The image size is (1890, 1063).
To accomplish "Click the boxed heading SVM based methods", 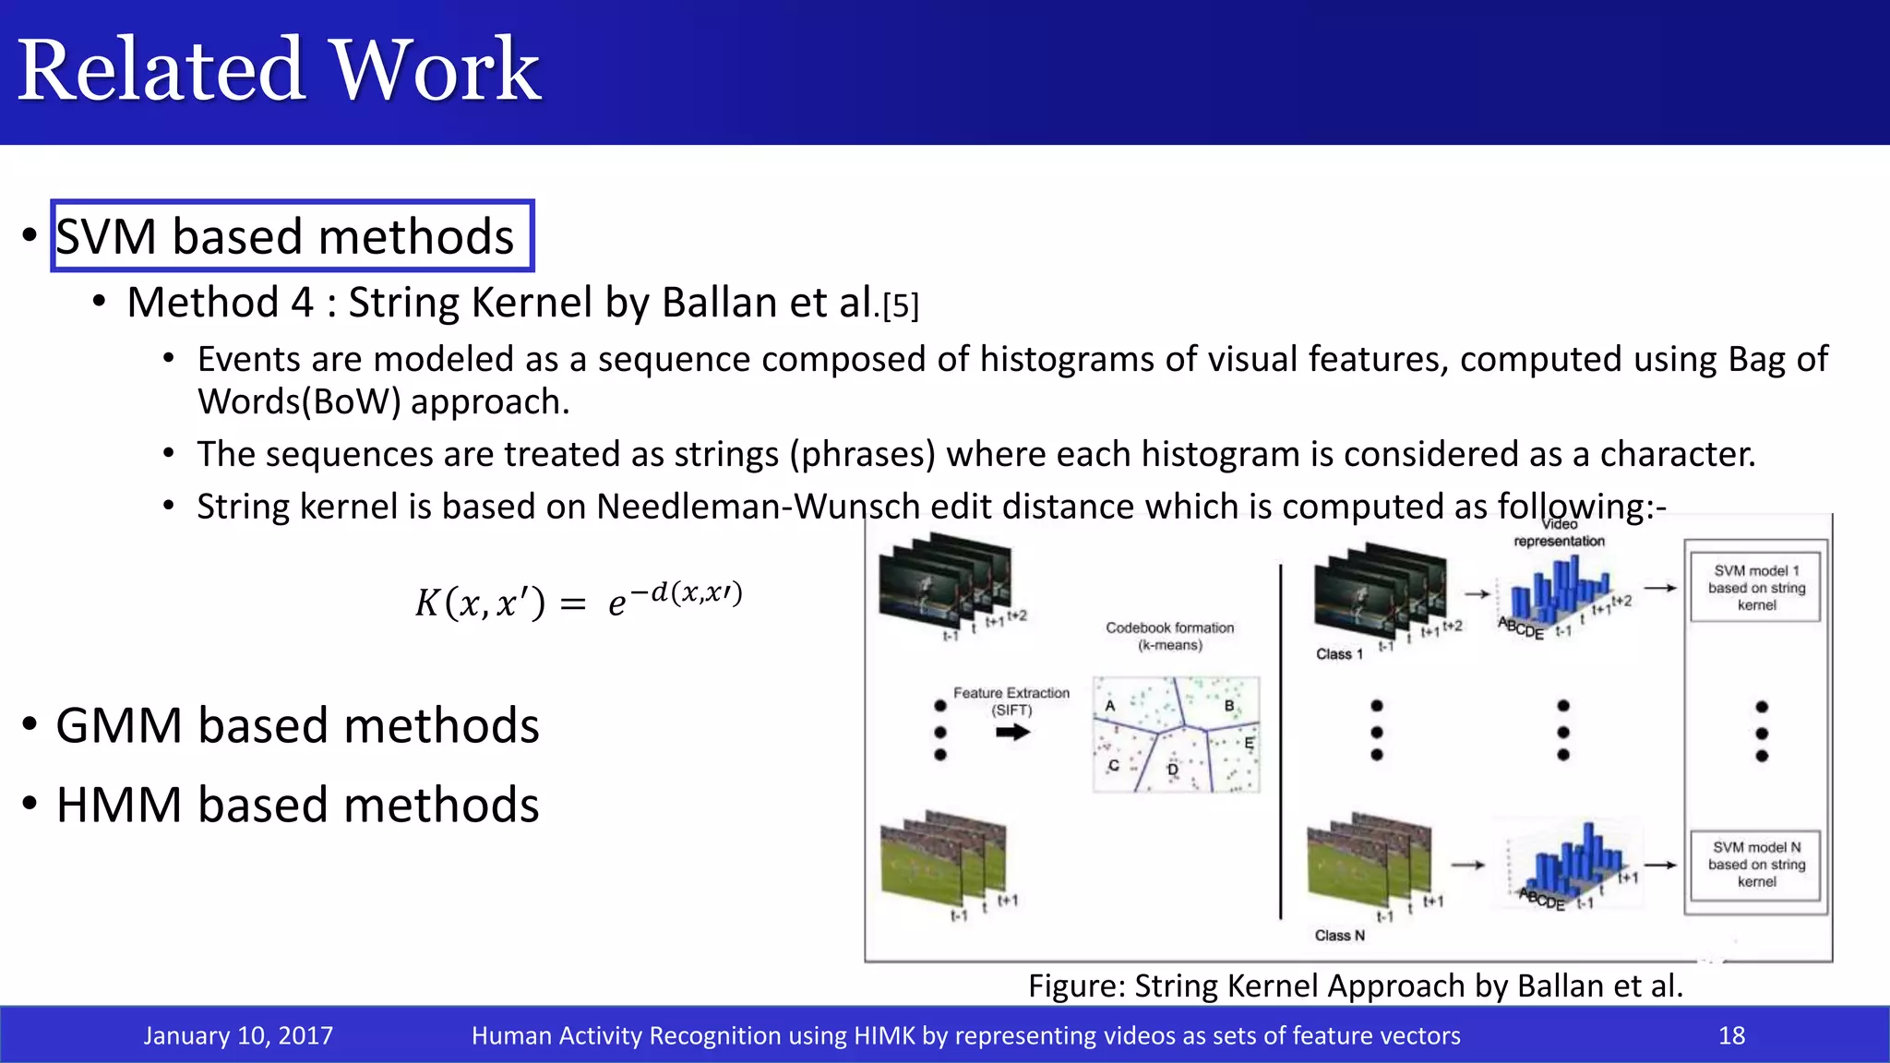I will (x=286, y=236).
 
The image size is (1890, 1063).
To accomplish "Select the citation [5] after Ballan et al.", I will (x=901, y=306).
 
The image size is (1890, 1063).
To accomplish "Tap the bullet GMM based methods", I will (x=297, y=725).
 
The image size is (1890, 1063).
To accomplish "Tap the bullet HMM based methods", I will (x=297, y=805).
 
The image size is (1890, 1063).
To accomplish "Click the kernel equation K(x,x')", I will (x=578, y=600).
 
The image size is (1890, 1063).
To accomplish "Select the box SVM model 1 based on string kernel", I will (x=1755, y=588).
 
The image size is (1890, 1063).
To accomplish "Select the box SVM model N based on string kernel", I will (x=1755, y=865).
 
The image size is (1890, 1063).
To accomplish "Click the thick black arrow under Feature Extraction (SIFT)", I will (x=1012, y=733).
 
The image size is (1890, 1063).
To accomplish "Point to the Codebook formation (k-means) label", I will (x=1169, y=636).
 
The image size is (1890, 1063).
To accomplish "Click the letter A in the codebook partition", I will (x=1110, y=706).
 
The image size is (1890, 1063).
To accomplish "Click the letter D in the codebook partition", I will (x=1173, y=770).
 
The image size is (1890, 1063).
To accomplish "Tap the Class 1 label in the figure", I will (x=1339, y=654).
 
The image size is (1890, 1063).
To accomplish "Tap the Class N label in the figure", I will (x=1339, y=936).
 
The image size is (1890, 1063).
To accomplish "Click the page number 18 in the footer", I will (x=1731, y=1035).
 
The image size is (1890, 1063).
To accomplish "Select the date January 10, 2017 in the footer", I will (x=238, y=1035).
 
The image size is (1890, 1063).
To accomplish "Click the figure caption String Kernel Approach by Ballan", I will (x=1355, y=985).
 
